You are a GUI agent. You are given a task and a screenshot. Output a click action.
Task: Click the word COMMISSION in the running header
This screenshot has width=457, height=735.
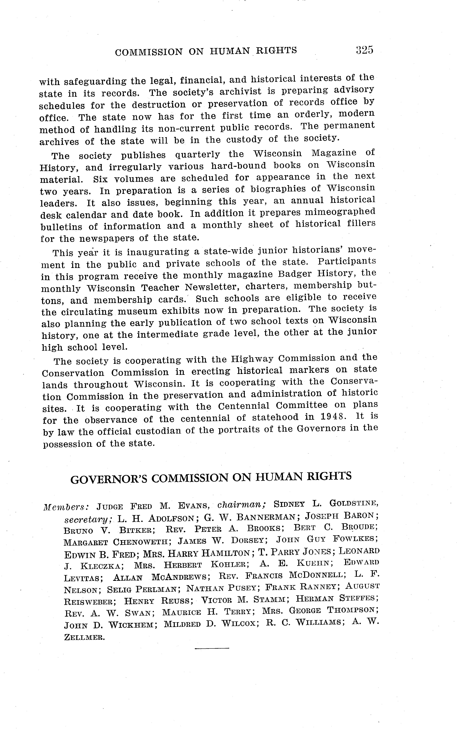click(x=149, y=52)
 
